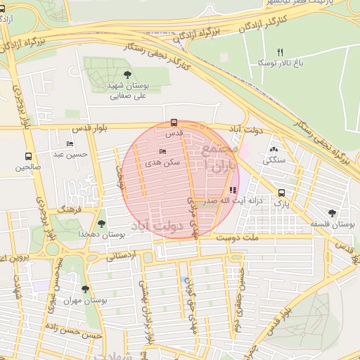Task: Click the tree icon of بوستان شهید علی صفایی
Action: point(127,74)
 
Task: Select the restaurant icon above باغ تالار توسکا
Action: point(280,52)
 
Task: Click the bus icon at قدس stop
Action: point(174,122)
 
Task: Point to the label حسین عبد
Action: point(72,153)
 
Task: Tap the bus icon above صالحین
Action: point(29,157)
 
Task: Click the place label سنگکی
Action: point(274,160)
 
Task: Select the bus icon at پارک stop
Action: point(281,193)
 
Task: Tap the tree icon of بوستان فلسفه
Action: point(332,212)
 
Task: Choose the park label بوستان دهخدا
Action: point(103,234)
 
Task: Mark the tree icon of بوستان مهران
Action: point(85,289)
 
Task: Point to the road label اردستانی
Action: point(122,257)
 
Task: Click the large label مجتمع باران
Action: point(218,160)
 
